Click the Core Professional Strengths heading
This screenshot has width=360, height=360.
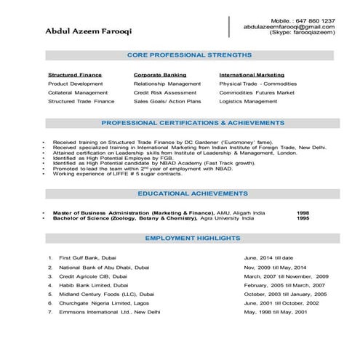(189, 55)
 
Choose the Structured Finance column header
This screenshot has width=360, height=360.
(75, 75)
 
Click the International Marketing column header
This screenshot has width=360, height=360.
(252, 75)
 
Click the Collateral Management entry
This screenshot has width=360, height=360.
(78, 92)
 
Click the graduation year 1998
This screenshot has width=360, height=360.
(303, 212)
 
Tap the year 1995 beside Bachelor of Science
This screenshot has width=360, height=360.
(303, 217)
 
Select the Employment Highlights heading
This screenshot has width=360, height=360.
(193, 238)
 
